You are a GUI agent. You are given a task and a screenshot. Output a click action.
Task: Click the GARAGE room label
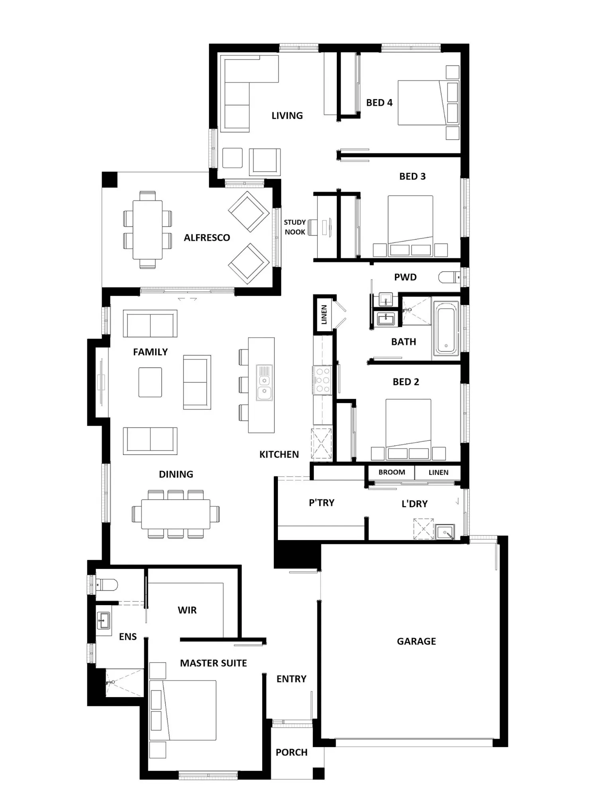pyautogui.click(x=416, y=641)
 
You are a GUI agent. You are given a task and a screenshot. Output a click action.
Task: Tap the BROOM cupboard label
pyautogui.click(x=391, y=472)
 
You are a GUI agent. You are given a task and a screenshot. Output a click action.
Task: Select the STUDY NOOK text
pyautogui.click(x=295, y=227)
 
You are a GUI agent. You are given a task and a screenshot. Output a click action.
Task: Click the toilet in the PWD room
pyautogui.click(x=448, y=277)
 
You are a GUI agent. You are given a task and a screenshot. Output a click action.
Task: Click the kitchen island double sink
pyautogui.click(x=264, y=382)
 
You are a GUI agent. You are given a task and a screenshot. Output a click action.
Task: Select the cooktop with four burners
pyautogui.click(x=323, y=380)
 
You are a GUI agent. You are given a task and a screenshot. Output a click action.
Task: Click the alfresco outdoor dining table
pyautogui.click(x=148, y=230)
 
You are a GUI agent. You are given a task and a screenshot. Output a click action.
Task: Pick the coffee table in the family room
pyautogui.click(x=150, y=382)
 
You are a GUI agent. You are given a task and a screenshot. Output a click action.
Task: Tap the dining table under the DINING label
pyautogui.click(x=176, y=514)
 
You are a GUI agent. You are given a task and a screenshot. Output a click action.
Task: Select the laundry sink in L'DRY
pyautogui.click(x=445, y=532)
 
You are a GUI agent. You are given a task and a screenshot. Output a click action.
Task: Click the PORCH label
pyautogui.click(x=291, y=752)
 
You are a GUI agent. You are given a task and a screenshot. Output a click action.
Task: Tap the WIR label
pyautogui.click(x=187, y=610)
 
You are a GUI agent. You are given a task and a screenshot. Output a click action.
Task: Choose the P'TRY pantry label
pyautogui.click(x=321, y=503)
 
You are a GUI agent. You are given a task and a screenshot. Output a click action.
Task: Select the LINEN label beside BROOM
pyautogui.click(x=439, y=472)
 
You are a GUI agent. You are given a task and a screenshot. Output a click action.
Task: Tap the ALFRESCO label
pyautogui.click(x=207, y=238)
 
